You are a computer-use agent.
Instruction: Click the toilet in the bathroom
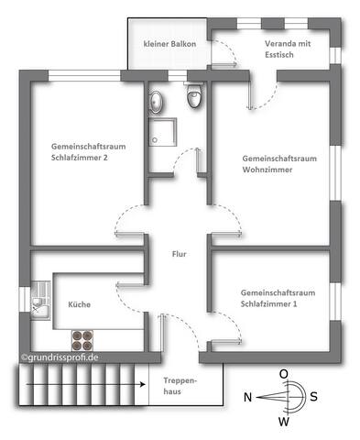click(x=194, y=94)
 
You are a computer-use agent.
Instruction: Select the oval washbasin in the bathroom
click(x=157, y=102)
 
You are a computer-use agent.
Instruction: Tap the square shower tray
click(x=163, y=132)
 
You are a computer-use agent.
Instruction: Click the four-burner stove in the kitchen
click(x=82, y=340)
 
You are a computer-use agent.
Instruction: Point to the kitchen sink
click(x=40, y=301)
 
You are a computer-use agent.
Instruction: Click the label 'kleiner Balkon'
click(x=169, y=44)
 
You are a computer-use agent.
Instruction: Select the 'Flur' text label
click(x=179, y=254)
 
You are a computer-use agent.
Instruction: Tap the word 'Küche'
click(x=80, y=304)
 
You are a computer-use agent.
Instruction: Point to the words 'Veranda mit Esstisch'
click(x=288, y=49)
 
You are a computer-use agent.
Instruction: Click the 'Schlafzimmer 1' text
click(x=268, y=304)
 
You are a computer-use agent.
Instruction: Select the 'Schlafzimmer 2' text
click(x=80, y=158)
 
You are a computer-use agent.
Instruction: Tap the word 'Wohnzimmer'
click(x=267, y=170)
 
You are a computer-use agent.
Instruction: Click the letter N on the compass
click(x=247, y=398)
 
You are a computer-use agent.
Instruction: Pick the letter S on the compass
click(x=314, y=397)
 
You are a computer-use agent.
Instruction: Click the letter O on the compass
click(x=284, y=374)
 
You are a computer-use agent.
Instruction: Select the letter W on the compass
click(x=284, y=422)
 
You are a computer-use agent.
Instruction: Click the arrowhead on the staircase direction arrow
click(x=143, y=384)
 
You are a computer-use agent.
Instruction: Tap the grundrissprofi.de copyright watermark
click(x=60, y=357)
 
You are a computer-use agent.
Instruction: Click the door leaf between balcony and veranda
click(x=224, y=64)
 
